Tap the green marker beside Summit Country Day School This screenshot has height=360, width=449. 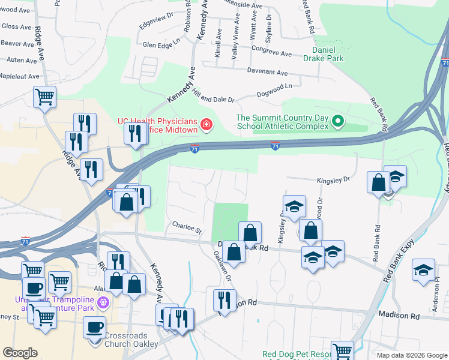[337, 122]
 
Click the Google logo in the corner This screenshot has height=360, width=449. [20, 353]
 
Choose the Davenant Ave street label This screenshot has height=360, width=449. [282, 71]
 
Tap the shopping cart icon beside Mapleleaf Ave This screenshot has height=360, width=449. [45, 97]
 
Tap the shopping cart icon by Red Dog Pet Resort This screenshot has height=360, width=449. [342, 350]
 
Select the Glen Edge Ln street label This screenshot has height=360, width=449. [161, 45]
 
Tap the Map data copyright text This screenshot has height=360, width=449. [411, 355]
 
